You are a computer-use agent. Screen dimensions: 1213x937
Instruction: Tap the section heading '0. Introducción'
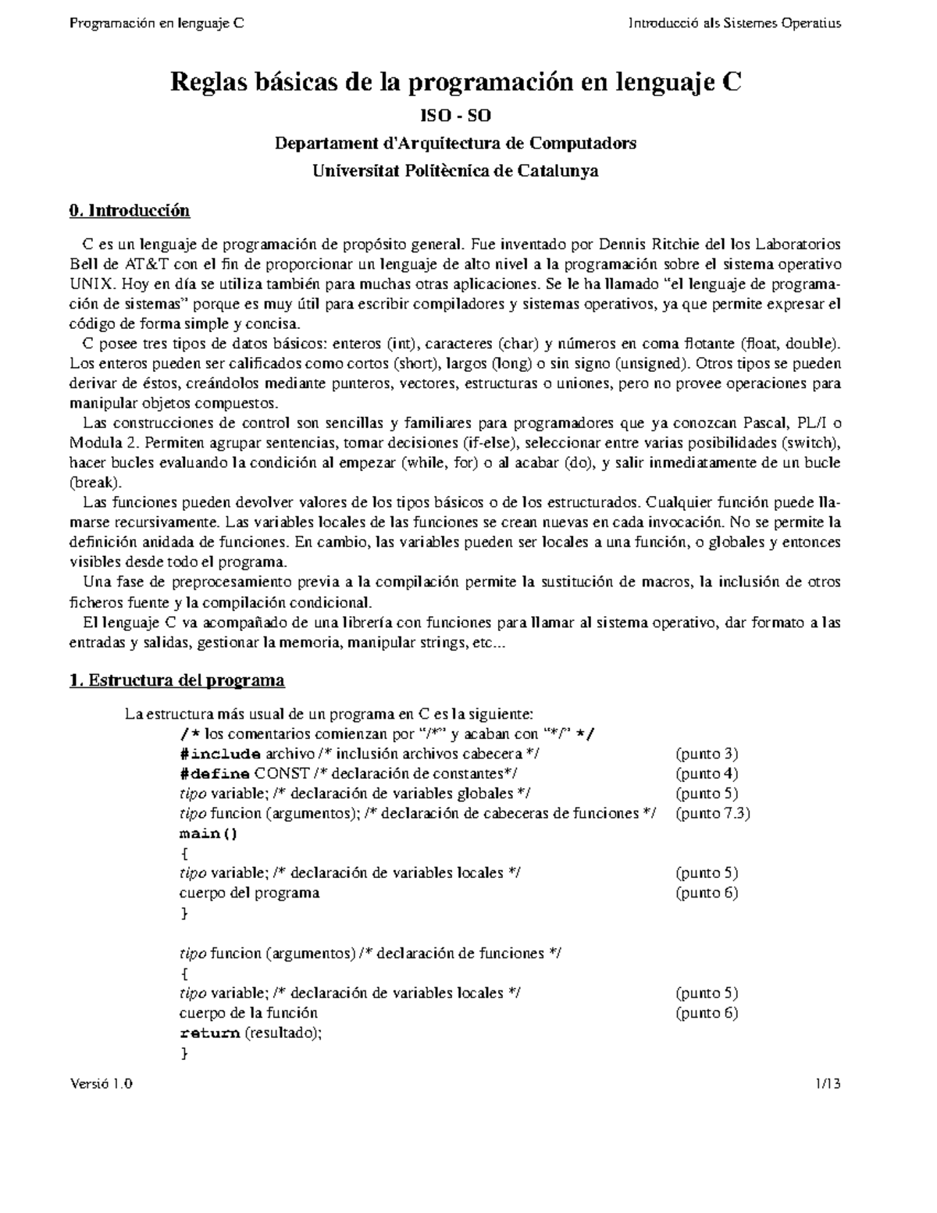(130, 211)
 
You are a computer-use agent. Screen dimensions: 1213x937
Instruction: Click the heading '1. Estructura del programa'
(177, 680)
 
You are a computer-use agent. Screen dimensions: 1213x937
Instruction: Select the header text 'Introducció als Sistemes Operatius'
(735, 23)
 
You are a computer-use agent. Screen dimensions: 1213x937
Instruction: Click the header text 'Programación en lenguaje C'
(157, 23)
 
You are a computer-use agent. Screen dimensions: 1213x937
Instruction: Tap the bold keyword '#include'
(220, 754)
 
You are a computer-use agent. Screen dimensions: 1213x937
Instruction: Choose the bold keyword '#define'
(215, 773)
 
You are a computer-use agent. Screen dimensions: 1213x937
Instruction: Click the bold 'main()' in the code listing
(208, 833)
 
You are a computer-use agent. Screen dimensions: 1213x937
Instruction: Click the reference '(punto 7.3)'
(713, 813)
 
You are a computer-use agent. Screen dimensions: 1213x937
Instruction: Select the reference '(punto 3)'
(707, 754)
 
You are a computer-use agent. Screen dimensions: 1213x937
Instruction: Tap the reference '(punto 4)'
(707, 773)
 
